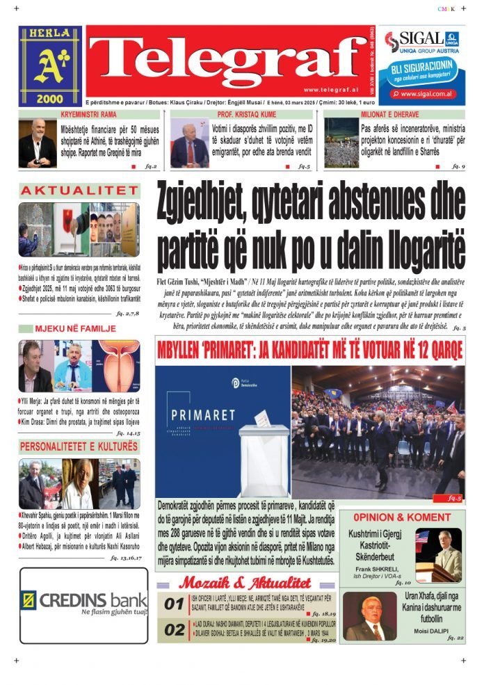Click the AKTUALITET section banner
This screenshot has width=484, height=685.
(79, 191)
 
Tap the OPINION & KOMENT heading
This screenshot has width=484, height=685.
(401, 517)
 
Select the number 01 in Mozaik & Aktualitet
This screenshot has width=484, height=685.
(173, 604)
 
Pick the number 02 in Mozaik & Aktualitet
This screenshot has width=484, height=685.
(173, 630)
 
